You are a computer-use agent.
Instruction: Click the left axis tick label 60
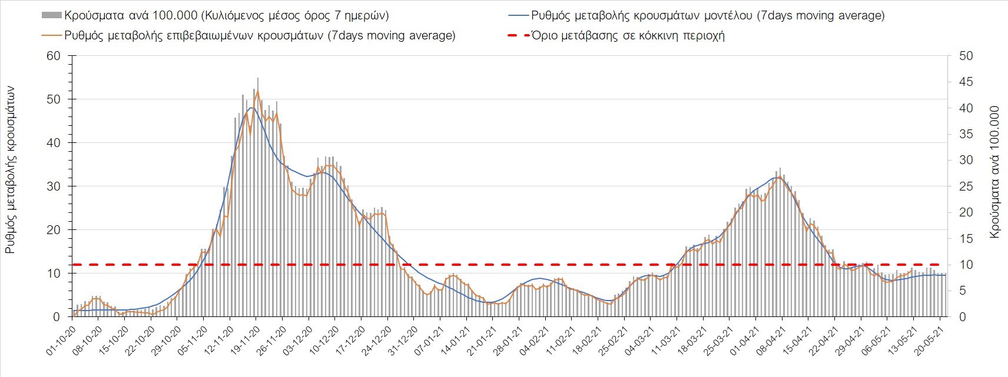[54, 56]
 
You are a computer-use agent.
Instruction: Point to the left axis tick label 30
[54, 186]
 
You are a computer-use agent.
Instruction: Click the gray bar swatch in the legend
[51, 15]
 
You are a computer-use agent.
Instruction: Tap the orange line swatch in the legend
[51, 36]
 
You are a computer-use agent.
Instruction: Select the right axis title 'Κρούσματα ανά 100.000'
[995, 172]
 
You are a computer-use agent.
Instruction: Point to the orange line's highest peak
[257, 91]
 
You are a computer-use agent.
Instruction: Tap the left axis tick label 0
[57, 317]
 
